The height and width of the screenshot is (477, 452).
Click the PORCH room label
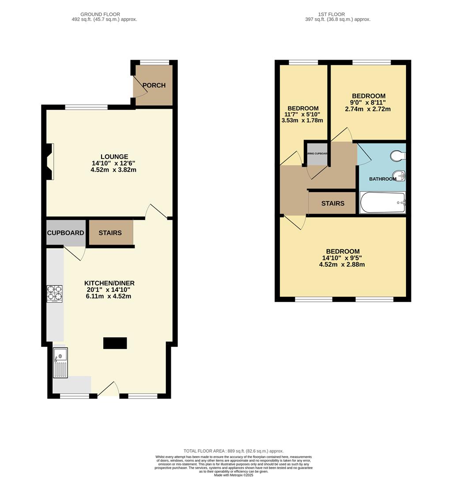(x=154, y=85)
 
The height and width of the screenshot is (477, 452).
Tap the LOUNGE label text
(x=114, y=157)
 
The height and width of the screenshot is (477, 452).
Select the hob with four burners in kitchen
(x=55, y=294)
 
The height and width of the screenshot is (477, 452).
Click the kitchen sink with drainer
(x=60, y=362)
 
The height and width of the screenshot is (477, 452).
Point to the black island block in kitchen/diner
(x=115, y=343)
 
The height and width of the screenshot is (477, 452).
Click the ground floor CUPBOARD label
(x=66, y=233)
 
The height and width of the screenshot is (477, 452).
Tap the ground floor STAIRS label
(x=110, y=233)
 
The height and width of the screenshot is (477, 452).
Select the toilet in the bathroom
(x=398, y=156)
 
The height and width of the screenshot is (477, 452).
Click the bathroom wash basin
(x=399, y=176)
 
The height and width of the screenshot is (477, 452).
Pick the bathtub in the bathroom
(x=383, y=203)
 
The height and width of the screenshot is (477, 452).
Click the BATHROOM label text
(x=383, y=179)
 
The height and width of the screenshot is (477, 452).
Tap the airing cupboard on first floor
(x=317, y=154)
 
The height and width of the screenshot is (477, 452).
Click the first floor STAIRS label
(x=333, y=204)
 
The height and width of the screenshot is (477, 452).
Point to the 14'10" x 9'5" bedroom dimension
(x=342, y=258)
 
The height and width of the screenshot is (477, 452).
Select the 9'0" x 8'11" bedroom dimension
(x=369, y=102)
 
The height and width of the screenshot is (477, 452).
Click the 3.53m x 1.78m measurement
(x=303, y=121)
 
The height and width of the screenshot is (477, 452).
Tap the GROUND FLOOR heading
(x=102, y=15)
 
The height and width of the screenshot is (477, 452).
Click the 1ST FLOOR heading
(x=337, y=15)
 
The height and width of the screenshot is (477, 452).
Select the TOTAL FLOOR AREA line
(x=234, y=451)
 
